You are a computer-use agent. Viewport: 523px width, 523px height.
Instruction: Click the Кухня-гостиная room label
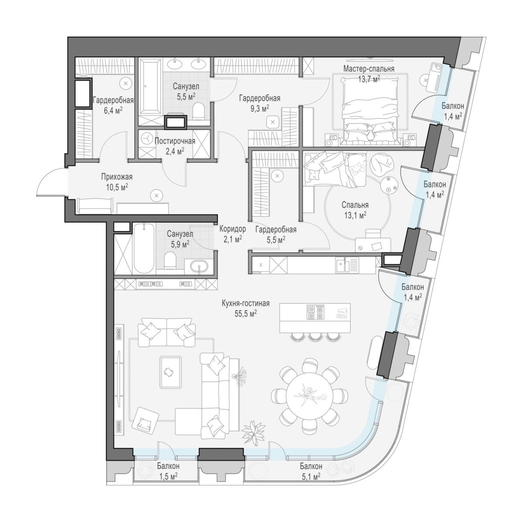coord(245,303)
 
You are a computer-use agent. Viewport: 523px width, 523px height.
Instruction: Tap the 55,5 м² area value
coord(246,314)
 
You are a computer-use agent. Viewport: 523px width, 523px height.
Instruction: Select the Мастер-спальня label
coord(369,69)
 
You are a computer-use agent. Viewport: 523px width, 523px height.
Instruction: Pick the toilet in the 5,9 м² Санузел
coord(170,260)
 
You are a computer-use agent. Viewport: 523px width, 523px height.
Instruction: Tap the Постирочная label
coord(175,141)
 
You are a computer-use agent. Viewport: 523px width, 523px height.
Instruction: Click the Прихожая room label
coord(117,177)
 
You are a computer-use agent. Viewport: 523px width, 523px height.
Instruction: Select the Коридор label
coord(233,229)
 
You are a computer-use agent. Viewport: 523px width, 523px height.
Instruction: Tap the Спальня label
coord(355,205)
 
